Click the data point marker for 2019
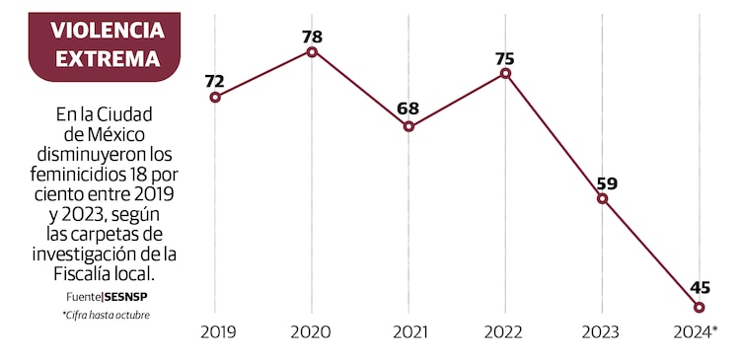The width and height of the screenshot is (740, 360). [215, 97]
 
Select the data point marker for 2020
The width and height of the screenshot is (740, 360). [312, 51]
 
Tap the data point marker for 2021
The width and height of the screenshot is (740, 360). [408, 126]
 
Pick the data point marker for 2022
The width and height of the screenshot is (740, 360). [505, 73]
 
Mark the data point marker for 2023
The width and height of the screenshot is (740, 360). [602, 198]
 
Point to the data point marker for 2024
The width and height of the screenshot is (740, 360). [700, 307]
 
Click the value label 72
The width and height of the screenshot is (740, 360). [215, 80]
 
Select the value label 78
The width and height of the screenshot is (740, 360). [312, 36]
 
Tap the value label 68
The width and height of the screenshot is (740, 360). [408, 109]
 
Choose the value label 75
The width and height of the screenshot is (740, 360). [505, 57]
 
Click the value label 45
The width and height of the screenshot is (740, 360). [700, 288]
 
